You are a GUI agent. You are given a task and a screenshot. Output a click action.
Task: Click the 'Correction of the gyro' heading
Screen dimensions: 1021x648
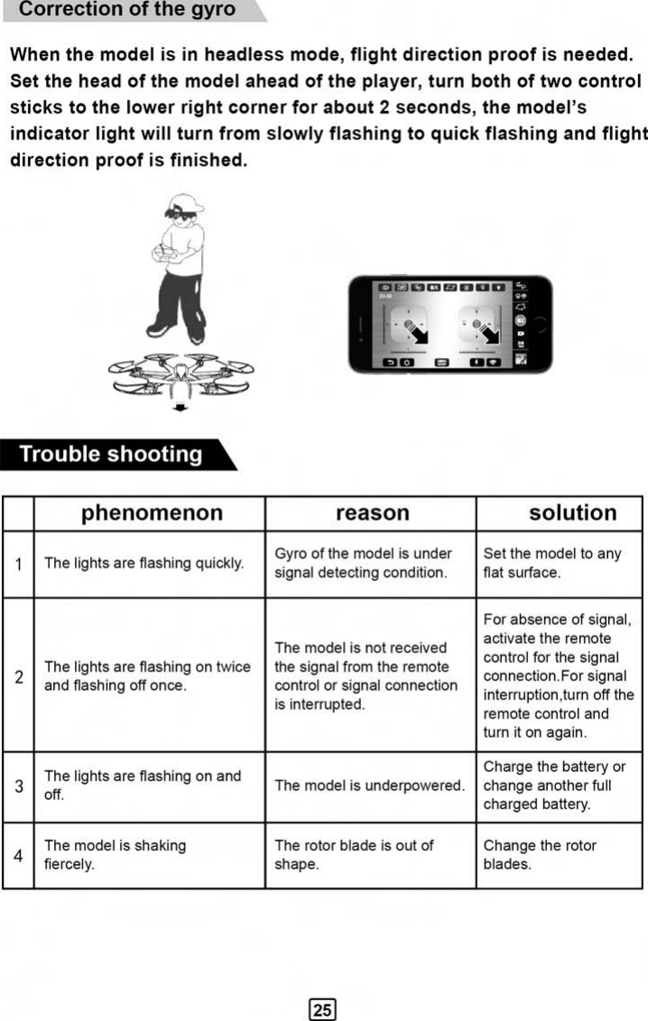coord(127,11)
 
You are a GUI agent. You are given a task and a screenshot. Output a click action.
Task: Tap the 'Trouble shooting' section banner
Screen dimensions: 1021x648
coord(111,454)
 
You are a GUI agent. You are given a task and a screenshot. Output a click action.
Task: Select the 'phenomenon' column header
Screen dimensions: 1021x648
coord(152,513)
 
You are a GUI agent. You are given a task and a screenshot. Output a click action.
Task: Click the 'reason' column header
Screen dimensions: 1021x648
coord(372,513)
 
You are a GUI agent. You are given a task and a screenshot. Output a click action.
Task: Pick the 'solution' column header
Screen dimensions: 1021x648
coord(572,513)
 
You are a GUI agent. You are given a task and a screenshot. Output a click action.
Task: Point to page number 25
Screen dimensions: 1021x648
coord(322,1009)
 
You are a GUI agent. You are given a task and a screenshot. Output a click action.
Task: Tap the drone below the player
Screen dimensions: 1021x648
coord(181,373)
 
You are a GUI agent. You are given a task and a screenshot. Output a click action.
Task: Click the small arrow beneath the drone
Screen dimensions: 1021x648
coord(181,408)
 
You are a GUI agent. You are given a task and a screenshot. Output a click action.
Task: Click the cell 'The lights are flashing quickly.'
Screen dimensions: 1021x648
coord(144,564)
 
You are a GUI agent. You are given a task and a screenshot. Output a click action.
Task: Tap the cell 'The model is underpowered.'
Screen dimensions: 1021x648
coord(370,786)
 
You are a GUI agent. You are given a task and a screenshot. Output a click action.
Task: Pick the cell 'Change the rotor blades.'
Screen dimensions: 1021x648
coord(540,855)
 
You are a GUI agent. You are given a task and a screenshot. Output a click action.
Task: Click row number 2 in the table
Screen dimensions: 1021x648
coord(19,676)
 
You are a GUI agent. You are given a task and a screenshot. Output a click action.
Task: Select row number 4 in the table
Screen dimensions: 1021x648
coord(19,855)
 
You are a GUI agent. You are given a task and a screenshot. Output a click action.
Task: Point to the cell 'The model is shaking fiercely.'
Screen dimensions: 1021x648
coord(115,855)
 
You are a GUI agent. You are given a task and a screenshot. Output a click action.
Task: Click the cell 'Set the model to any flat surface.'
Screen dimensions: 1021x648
coord(552,563)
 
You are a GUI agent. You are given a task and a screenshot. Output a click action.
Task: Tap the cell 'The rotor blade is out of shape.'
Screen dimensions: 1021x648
coord(354,855)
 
